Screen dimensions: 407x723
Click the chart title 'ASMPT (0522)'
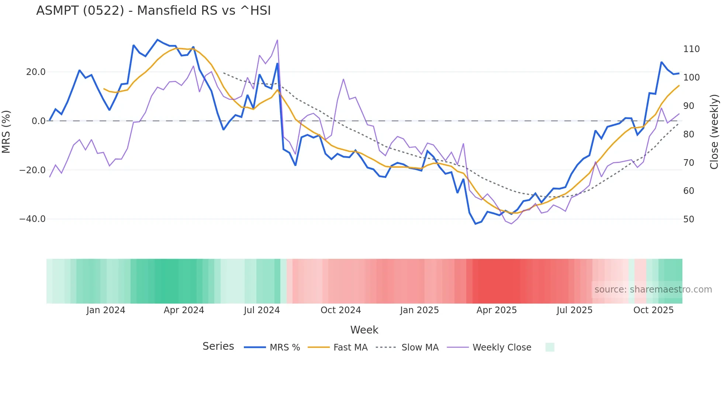[153, 11]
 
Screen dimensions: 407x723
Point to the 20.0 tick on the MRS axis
[36, 72]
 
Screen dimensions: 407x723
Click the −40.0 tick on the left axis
[32, 219]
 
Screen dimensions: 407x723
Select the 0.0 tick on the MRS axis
[39, 121]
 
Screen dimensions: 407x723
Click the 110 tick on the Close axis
[691, 49]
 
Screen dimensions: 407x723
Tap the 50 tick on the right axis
[689, 219]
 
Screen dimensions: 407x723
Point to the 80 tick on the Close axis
[689, 134]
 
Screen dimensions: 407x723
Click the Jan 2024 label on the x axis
[106, 310]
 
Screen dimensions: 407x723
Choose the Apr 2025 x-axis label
[497, 310]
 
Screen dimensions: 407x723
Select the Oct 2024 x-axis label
[340, 310]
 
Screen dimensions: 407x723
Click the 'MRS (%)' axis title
[6, 132]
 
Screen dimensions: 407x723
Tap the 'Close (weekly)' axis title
[714, 132]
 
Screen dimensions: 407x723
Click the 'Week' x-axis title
[364, 330]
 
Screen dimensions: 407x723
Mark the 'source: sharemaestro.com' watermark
[653, 290]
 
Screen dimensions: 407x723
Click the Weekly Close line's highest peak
[277, 40]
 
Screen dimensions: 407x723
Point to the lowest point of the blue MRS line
[475, 224]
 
